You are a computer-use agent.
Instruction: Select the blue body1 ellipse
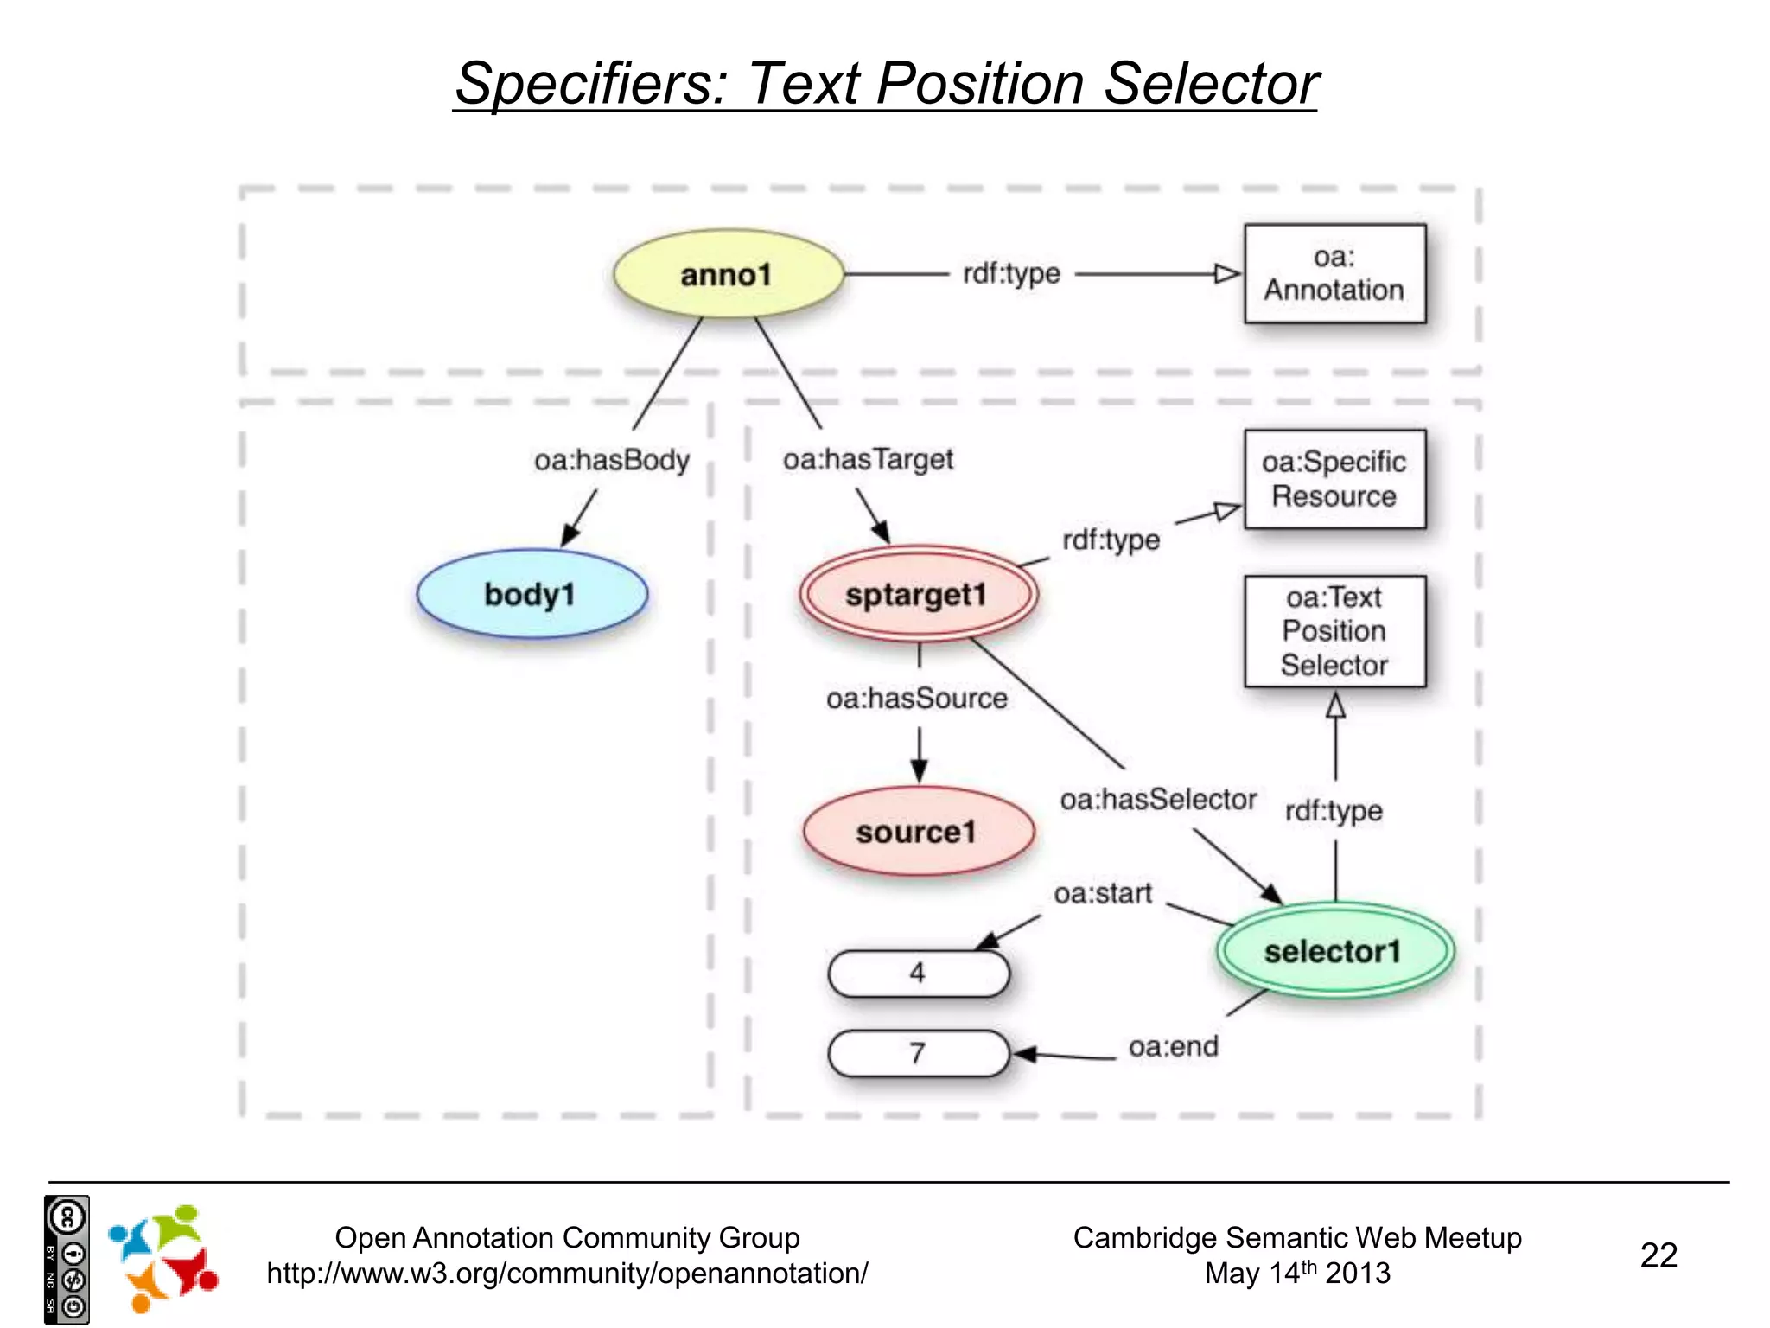click(532, 595)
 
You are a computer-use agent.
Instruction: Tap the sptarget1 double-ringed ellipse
click(917, 595)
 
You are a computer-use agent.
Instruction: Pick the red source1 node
click(918, 832)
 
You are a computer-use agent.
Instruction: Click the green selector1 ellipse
click(1334, 951)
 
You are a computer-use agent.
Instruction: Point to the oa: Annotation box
click(1334, 274)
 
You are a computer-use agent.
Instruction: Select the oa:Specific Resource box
click(1334, 479)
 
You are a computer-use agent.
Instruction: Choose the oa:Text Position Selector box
click(1334, 631)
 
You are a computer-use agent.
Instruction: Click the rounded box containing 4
click(918, 974)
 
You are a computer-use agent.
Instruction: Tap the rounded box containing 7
click(918, 1053)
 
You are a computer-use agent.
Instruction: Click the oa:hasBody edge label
click(612, 460)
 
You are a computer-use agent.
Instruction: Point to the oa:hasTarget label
click(868, 459)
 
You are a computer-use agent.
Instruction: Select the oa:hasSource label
click(917, 699)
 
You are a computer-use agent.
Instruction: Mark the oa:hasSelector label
click(1158, 800)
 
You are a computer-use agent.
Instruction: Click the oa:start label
click(1103, 893)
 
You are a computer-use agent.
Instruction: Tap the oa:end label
click(1173, 1047)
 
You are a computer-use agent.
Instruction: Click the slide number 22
click(1658, 1255)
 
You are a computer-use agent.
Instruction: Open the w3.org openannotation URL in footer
click(567, 1274)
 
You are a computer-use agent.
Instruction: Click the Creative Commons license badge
click(67, 1259)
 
